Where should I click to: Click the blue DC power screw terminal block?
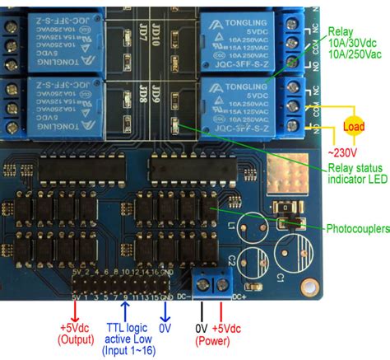pos(212,284)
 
